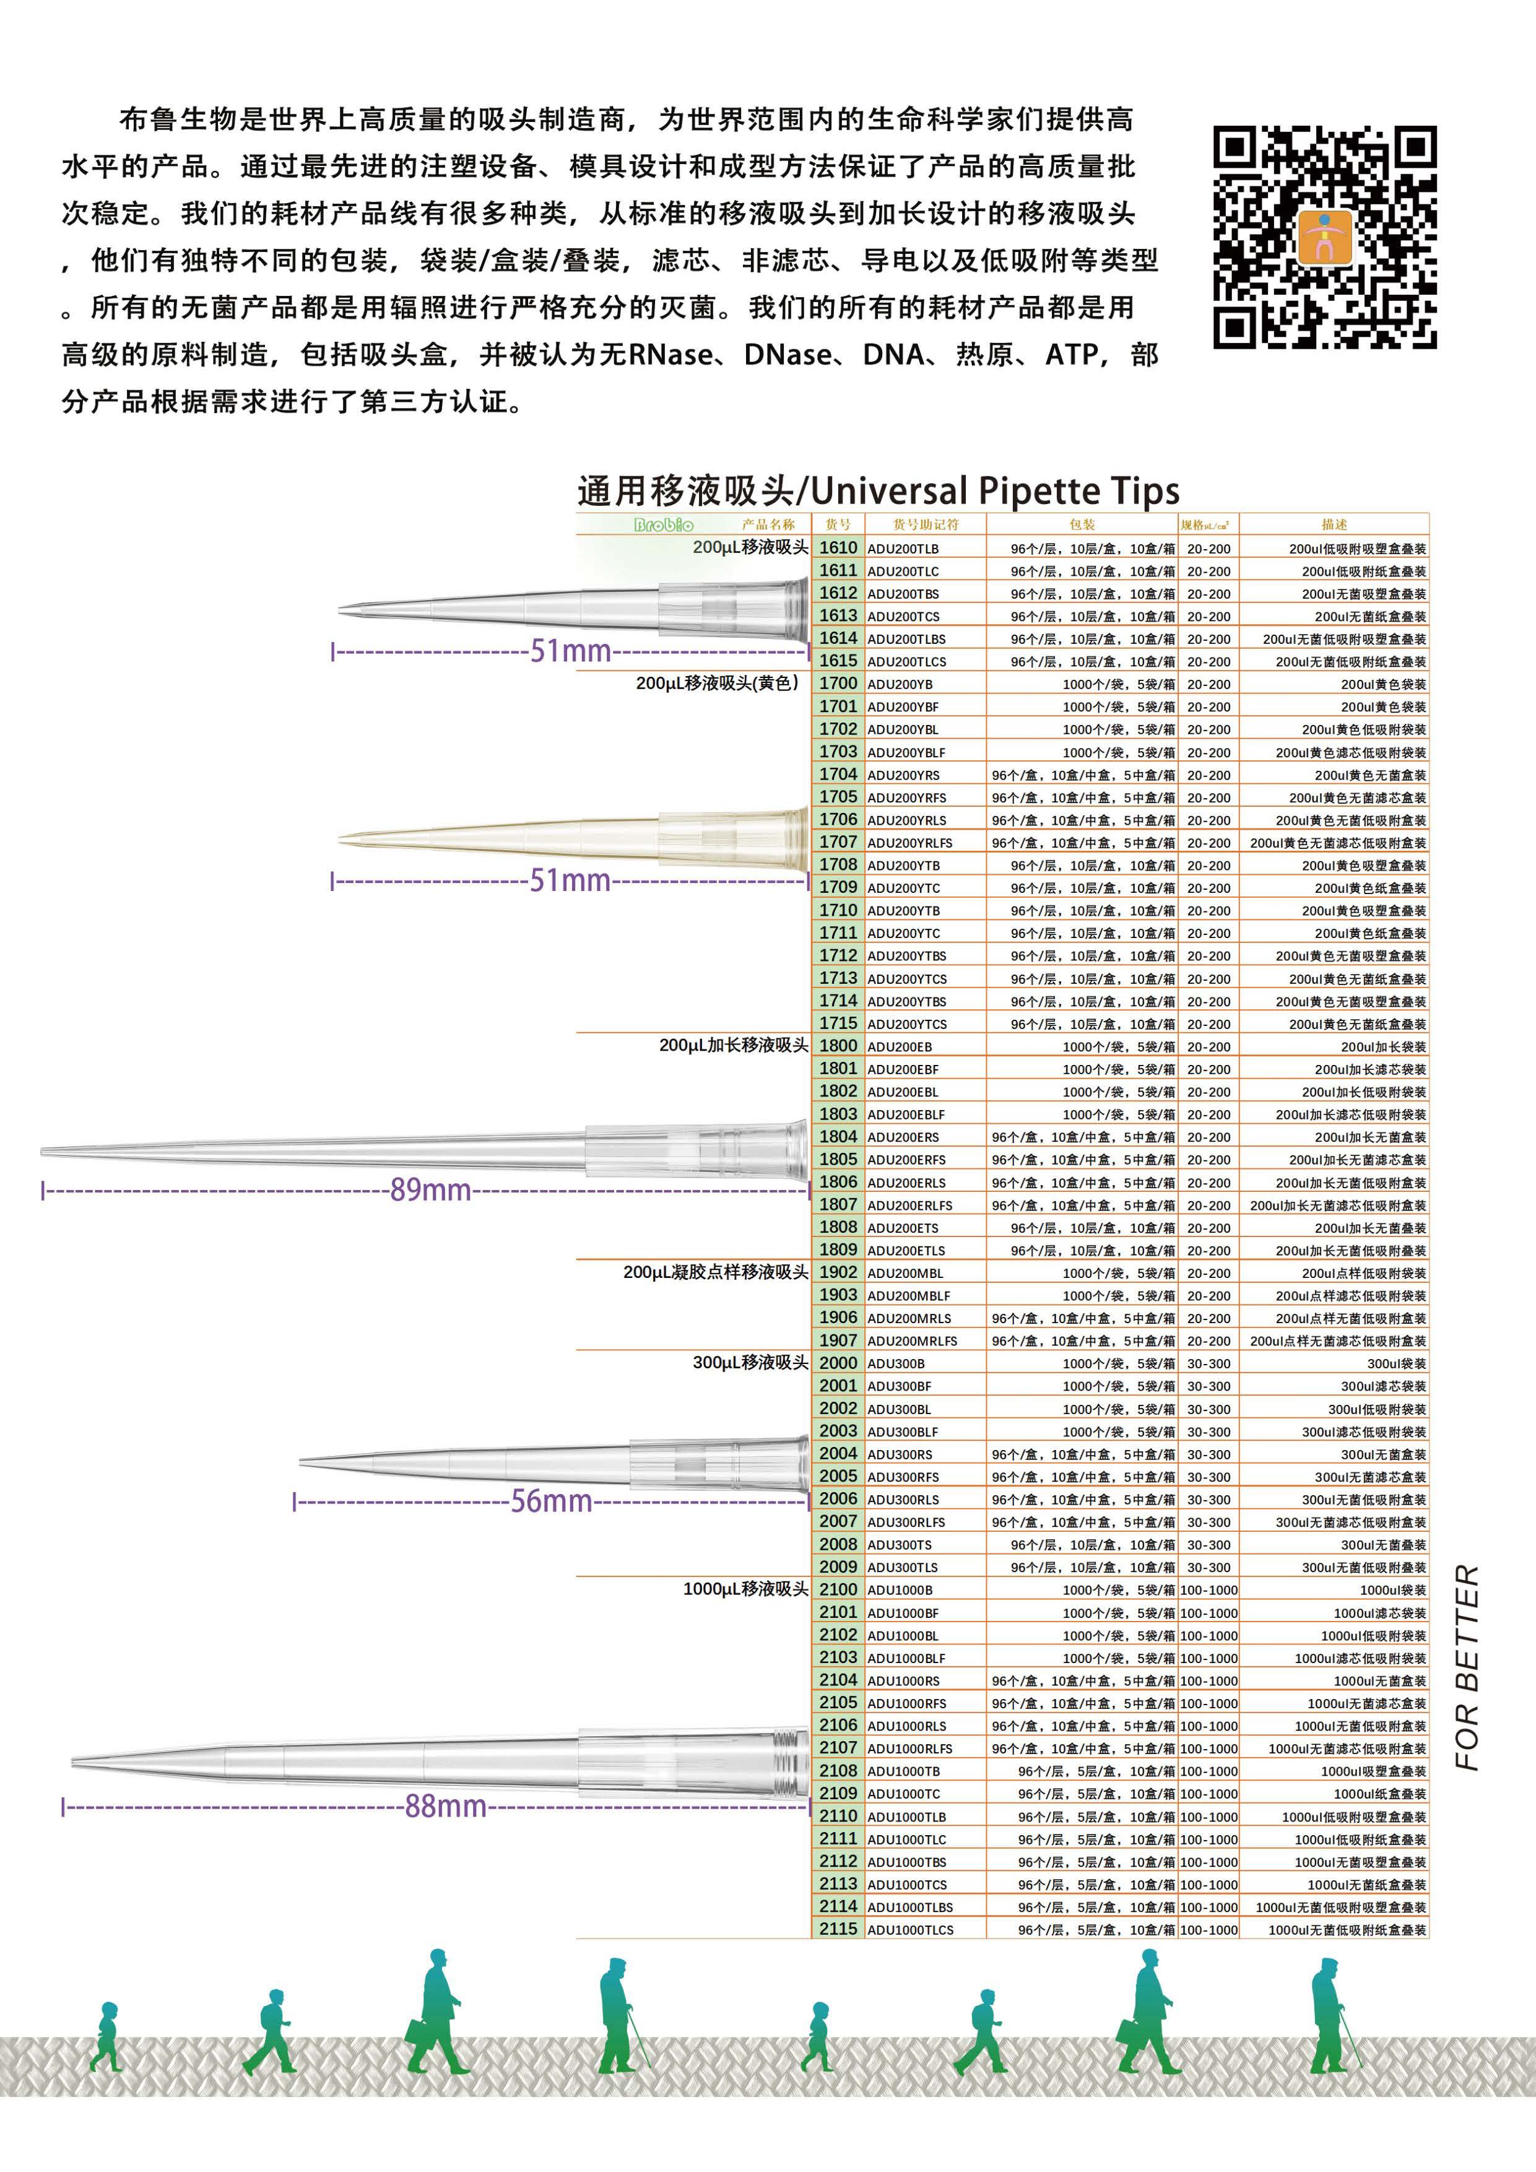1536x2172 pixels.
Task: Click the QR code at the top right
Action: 1324,237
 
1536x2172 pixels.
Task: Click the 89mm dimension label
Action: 430,1189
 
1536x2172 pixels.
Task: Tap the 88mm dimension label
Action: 446,1806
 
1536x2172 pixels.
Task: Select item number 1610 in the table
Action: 838,548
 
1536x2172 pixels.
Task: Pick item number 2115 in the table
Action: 838,1929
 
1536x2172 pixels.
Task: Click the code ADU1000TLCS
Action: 910,1930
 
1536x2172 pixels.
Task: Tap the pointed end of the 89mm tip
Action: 45,1151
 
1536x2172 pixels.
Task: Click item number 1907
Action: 838,1340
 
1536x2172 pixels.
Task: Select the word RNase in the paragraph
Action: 670,355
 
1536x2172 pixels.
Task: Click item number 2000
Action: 838,1363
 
